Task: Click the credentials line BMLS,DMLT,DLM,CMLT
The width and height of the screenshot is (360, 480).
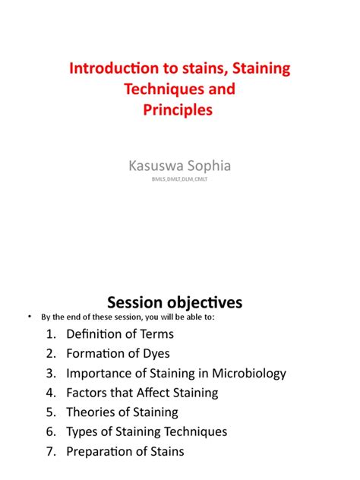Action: click(x=179, y=179)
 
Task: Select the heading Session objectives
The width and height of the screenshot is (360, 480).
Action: click(x=179, y=302)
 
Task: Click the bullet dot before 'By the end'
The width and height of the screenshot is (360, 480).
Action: click(x=28, y=317)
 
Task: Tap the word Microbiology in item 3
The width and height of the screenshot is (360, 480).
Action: click(x=248, y=373)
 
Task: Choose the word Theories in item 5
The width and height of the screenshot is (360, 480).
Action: click(x=92, y=412)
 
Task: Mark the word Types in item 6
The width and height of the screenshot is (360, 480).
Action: click(x=82, y=431)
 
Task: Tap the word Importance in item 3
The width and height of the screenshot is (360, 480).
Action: click(x=98, y=373)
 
